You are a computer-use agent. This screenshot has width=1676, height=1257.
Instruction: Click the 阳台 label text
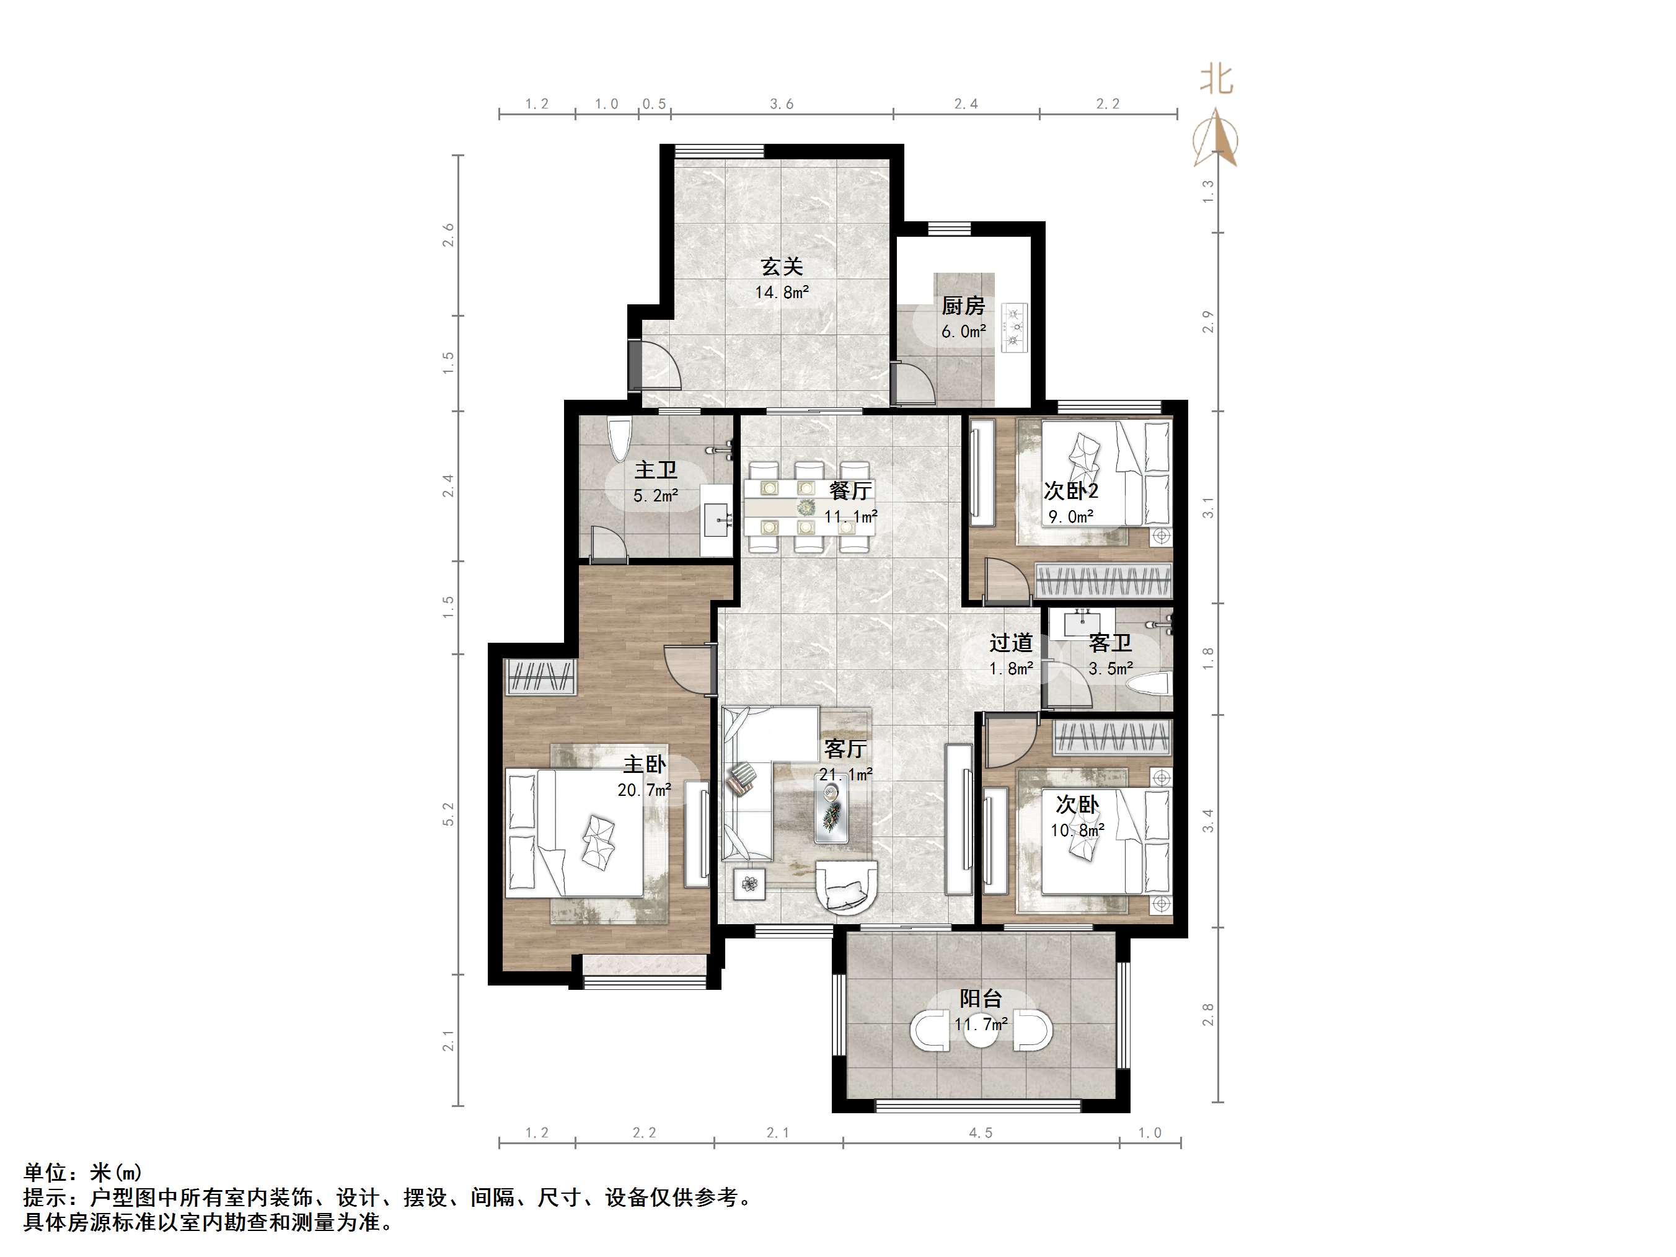pyautogui.click(x=981, y=999)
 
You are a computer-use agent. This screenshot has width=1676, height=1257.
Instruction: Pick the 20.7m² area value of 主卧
pyautogui.click(x=644, y=790)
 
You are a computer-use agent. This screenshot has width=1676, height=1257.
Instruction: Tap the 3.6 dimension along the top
pyautogui.click(x=782, y=104)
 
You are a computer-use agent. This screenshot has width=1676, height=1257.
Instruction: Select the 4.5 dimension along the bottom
pyautogui.click(x=981, y=1133)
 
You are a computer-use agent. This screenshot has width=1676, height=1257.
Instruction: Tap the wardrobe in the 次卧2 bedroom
pyautogui.click(x=1103, y=582)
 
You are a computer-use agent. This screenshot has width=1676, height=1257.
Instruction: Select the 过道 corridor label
pyautogui.click(x=1011, y=643)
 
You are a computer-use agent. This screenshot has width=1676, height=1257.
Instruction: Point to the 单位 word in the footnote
pyautogui.click(x=45, y=1173)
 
